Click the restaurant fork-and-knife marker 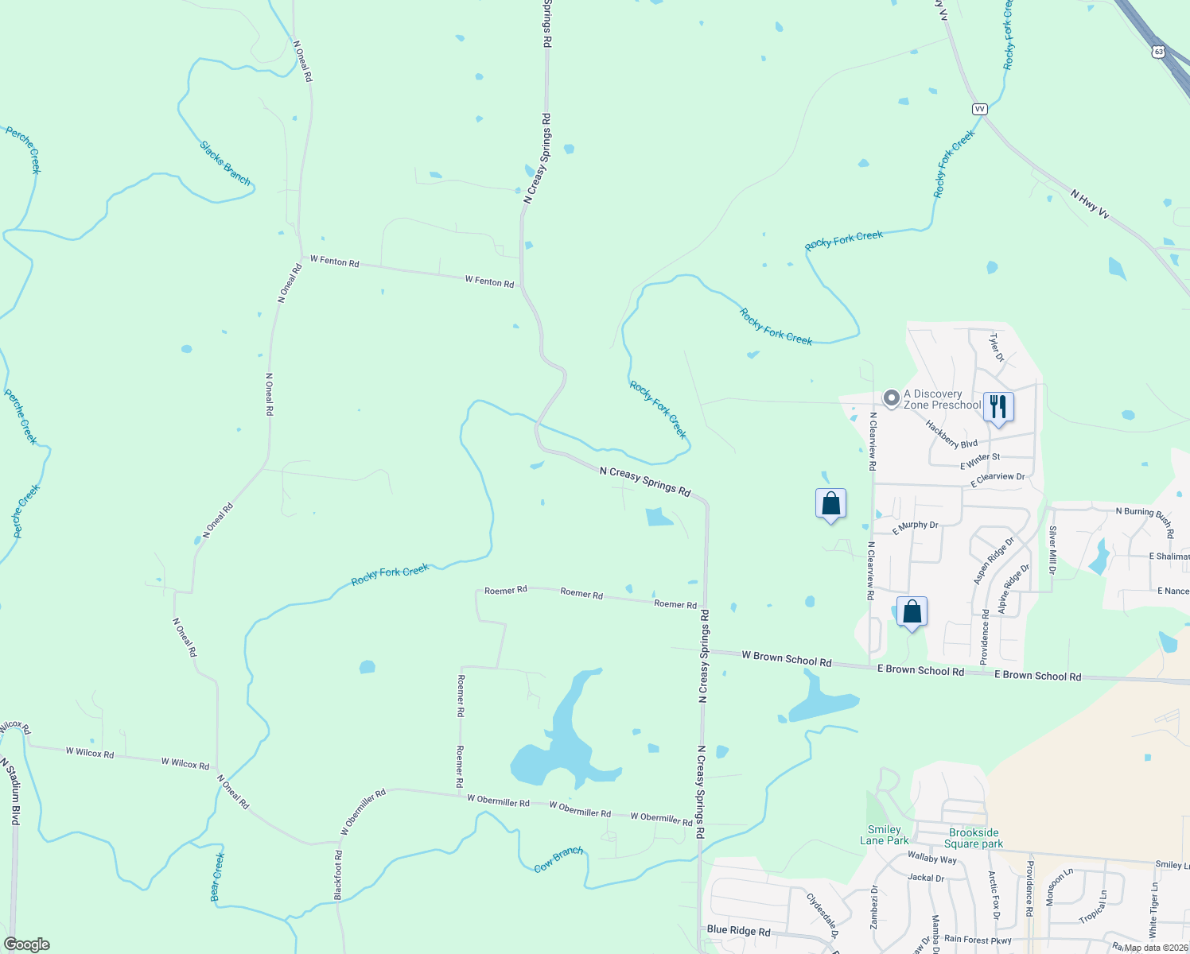click(x=997, y=407)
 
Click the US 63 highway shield click(x=1158, y=52)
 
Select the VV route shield click(x=979, y=109)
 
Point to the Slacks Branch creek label click(x=225, y=164)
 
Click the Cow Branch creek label click(x=558, y=859)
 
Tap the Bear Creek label click(x=217, y=878)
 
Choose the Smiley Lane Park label click(x=884, y=835)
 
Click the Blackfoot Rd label click(x=339, y=875)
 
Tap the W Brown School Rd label click(x=786, y=659)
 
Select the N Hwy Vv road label click(x=1089, y=204)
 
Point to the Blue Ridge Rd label click(x=738, y=930)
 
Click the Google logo click(x=26, y=944)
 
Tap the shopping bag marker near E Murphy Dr click(x=830, y=504)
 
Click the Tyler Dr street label click(x=996, y=347)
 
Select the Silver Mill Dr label click(x=1052, y=549)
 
